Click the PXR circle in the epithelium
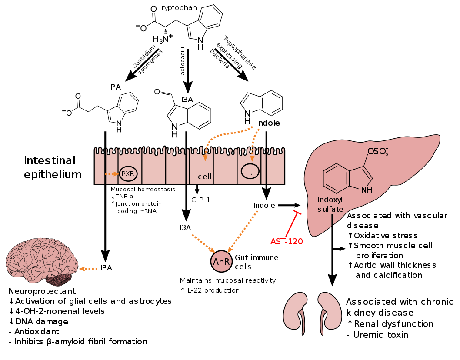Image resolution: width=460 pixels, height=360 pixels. [x=128, y=173]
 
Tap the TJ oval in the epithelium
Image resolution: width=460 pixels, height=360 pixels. [x=250, y=171]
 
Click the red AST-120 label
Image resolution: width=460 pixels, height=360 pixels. [x=287, y=241]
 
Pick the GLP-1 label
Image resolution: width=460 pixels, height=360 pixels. [x=201, y=200]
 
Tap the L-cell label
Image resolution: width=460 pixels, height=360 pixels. [x=202, y=177]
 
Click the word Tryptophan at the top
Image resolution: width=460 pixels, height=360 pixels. [x=178, y=8]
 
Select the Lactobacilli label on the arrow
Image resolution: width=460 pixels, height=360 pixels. [x=183, y=62]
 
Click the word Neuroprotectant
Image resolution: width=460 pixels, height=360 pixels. [x=42, y=291]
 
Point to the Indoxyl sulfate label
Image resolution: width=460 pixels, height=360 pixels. [x=330, y=204]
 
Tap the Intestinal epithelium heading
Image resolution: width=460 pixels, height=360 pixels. [x=53, y=167]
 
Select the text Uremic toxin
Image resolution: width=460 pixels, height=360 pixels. [x=380, y=335]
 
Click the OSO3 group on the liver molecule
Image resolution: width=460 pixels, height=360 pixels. [x=378, y=151]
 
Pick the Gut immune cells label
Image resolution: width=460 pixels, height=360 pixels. [x=257, y=262]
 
